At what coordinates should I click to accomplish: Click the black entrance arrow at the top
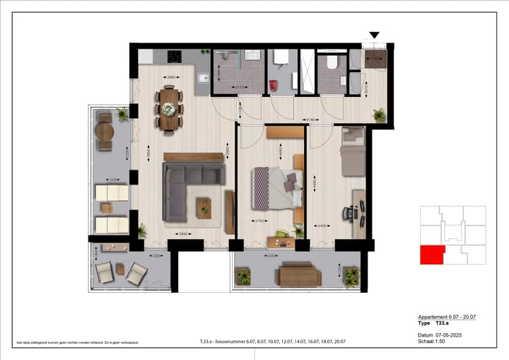coord(375,35)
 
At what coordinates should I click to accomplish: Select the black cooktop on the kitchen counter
coord(175,57)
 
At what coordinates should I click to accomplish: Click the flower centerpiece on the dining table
coord(169,109)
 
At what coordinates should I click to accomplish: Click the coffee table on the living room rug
coord(204,207)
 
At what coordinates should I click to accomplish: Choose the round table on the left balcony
coord(105,132)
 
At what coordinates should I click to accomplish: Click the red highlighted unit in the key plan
coord(431,255)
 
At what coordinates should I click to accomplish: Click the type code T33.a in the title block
coord(445,323)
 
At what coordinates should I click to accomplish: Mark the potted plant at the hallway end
coord(380,115)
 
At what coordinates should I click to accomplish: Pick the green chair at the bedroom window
coord(282,234)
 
